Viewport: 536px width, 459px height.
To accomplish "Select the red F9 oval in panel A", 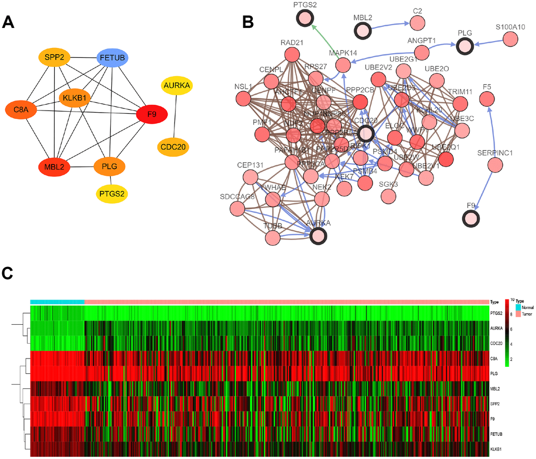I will point(152,113).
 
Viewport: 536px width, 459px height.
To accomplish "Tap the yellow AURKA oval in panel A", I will point(177,85).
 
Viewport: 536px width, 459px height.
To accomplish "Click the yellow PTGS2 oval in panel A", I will point(112,194).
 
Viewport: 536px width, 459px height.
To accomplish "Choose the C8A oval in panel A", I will point(20,110).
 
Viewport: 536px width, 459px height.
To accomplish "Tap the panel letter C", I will point(8,273).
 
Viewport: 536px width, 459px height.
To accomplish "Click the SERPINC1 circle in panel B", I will point(496,165).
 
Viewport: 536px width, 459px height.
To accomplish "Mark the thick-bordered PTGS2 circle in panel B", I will point(304,19).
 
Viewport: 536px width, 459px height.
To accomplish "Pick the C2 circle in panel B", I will point(417,23).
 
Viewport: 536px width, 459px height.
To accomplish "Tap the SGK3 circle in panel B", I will point(388,196).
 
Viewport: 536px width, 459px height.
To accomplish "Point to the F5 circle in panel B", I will point(487,98).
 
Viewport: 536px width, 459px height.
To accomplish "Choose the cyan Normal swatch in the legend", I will point(519,306).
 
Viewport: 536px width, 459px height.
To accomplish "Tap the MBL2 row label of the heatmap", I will point(495,389).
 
